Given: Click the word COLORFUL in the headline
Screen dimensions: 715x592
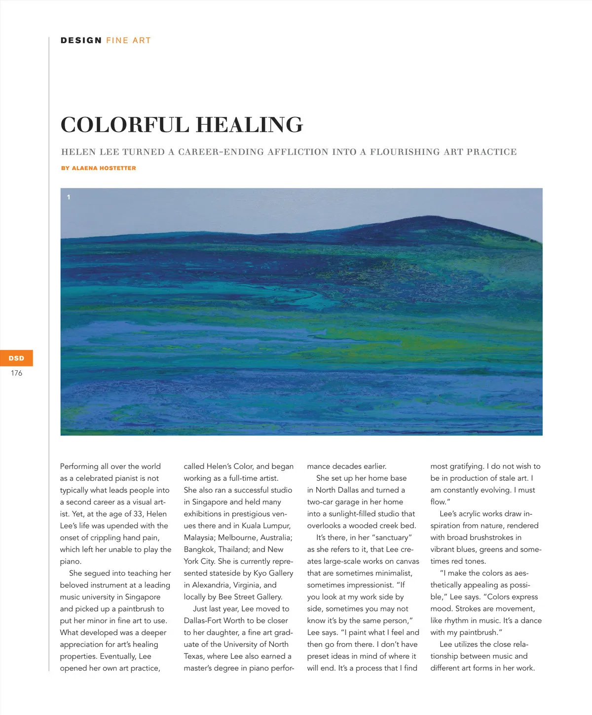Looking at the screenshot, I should [x=123, y=125].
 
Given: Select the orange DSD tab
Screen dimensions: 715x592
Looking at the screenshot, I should [x=16, y=358].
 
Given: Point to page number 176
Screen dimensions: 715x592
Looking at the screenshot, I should [x=16, y=373].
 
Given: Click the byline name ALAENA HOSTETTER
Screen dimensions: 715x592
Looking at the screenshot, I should [x=104, y=168].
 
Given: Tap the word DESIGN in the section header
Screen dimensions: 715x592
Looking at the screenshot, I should [x=81, y=40].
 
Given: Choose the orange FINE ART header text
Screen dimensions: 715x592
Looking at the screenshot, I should [x=128, y=40].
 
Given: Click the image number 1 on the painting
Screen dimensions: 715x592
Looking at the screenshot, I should [x=69, y=197].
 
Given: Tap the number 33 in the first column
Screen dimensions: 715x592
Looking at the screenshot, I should [x=138, y=514].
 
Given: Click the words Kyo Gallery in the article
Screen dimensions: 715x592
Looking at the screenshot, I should [x=273, y=573].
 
